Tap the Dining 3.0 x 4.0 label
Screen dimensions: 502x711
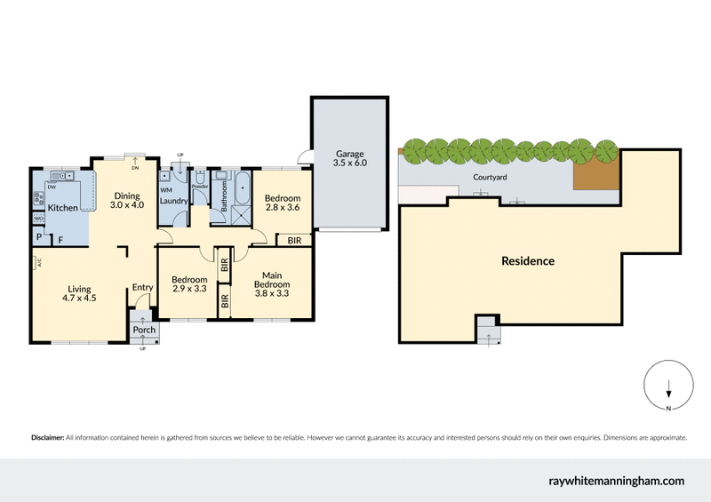tap(126, 200)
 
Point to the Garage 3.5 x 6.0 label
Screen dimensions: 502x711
tap(349, 158)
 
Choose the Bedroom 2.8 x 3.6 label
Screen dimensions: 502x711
tap(282, 203)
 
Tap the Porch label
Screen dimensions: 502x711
tap(144, 330)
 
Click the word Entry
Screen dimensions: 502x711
tap(142, 287)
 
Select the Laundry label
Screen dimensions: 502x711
tap(172, 201)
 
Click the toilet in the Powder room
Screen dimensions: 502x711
tap(200, 176)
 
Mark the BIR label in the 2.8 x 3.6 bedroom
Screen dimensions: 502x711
tap(293, 240)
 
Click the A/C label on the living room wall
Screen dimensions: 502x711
tap(38, 262)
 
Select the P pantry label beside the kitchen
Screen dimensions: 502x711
tap(39, 238)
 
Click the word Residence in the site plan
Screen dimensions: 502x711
tap(528, 261)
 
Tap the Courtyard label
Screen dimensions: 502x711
tap(489, 177)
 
